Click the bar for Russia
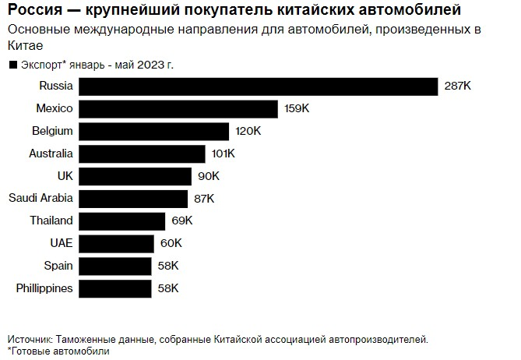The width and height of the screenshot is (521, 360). point(259,86)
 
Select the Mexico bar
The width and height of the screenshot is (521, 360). point(179,108)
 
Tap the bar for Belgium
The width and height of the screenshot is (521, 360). point(154,131)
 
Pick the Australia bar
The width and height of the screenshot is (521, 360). point(143,154)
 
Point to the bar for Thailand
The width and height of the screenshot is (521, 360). point(122,221)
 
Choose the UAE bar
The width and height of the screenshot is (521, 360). point(117,244)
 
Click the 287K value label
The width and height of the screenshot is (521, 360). point(456,86)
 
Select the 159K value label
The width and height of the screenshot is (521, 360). point(297,108)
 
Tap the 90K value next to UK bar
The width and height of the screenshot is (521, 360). point(208,176)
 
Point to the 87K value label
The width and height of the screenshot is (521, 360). point(204,199)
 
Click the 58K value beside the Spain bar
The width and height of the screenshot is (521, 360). point(167,266)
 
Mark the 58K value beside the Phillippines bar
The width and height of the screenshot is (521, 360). point(167,289)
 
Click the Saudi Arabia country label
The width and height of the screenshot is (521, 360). point(40,198)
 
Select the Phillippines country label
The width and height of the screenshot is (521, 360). point(44,288)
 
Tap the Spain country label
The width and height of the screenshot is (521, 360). point(58,266)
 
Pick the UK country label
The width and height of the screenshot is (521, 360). point(65,175)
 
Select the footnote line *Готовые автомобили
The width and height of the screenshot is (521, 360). point(58,351)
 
